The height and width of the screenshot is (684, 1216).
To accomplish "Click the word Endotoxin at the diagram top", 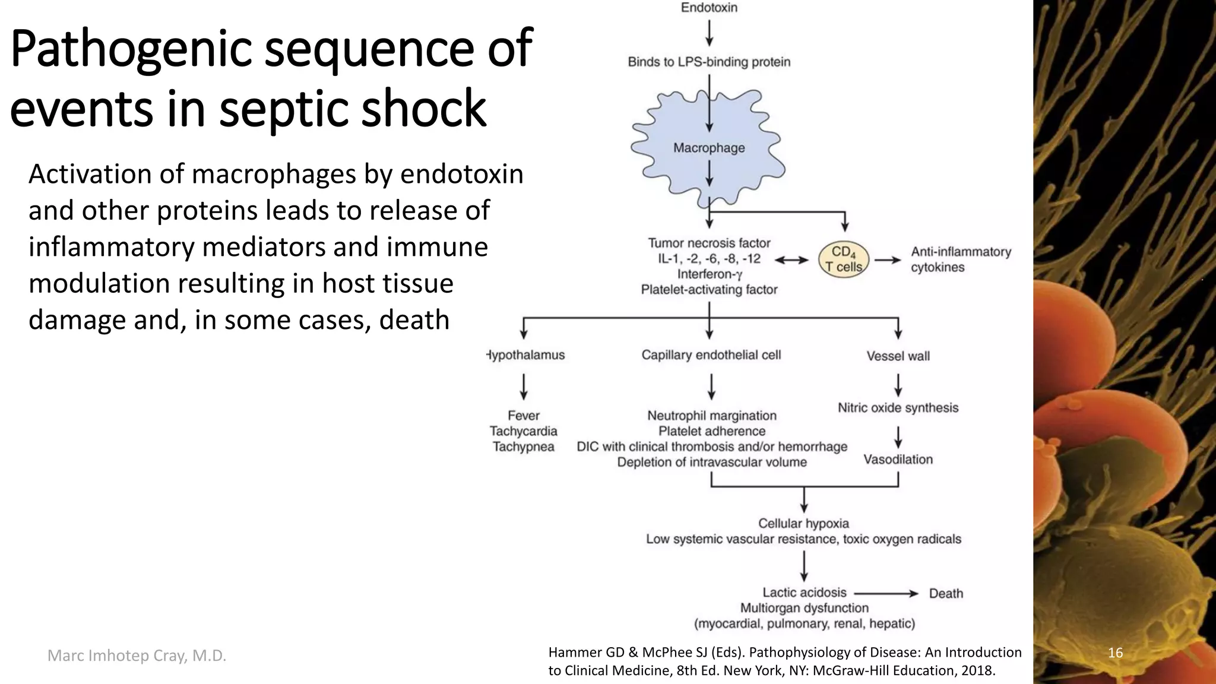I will point(709,8).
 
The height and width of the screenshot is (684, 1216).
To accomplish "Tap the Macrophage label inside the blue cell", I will point(709,148).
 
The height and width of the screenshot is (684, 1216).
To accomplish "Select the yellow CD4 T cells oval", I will point(843,259).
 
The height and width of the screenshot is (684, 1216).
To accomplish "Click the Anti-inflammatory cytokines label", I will point(960,259).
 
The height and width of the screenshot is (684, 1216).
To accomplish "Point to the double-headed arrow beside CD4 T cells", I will point(791,259).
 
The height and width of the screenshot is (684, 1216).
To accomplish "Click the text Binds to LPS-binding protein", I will point(709,62).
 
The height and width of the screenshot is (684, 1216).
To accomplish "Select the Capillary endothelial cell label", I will point(711,355).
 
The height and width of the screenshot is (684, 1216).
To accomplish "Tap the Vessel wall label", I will point(898,356).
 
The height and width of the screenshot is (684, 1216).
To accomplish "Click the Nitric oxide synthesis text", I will point(898,408).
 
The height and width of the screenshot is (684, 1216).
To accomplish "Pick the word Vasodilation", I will point(898,460).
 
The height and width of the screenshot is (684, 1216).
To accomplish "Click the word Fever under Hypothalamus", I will point(523,416).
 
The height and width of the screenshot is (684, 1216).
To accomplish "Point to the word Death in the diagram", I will point(945,593).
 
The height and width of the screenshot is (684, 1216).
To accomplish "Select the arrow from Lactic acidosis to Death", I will point(885,593).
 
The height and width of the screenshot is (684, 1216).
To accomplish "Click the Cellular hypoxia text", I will point(803,524).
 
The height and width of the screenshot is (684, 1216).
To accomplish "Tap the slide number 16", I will point(1115,653).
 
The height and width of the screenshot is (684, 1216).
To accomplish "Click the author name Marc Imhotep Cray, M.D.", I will point(137,655).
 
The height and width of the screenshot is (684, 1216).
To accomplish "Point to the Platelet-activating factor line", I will point(709,290).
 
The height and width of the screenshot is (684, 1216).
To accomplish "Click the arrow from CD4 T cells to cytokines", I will point(888,259).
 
